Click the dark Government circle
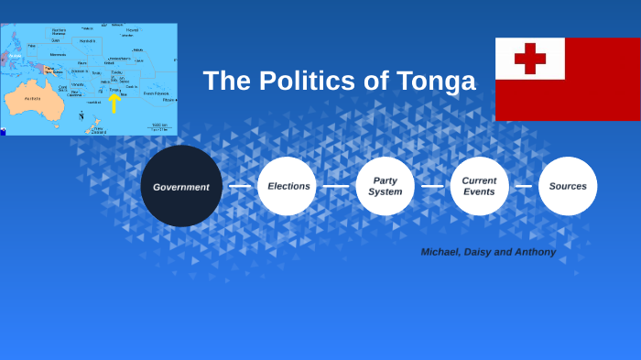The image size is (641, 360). pyautogui.click(x=180, y=186)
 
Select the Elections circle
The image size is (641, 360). pyautogui.click(x=288, y=186)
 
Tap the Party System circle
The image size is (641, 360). pyautogui.click(x=385, y=186)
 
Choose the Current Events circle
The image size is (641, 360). pyautogui.click(x=479, y=186)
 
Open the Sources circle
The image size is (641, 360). pyautogui.click(x=568, y=186)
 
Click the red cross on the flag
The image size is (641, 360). pyautogui.click(x=529, y=59)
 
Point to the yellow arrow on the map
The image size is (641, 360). pyautogui.click(x=114, y=103)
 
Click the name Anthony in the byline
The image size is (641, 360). pyautogui.click(x=534, y=252)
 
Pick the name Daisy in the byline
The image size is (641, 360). pyautogui.click(x=481, y=252)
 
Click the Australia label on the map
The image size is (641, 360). pyautogui.click(x=32, y=98)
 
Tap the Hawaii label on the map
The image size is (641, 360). pyautogui.click(x=133, y=29)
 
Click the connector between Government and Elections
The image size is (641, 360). pyautogui.click(x=239, y=186)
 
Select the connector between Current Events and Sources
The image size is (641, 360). pyautogui.click(x=523, y=186)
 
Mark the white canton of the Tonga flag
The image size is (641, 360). pyautogui.click(x=529, y=59)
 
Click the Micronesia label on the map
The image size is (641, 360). pyautogui.click(x=58, y=54)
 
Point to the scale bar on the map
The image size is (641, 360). pyautogui.click(x=159, y=126)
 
